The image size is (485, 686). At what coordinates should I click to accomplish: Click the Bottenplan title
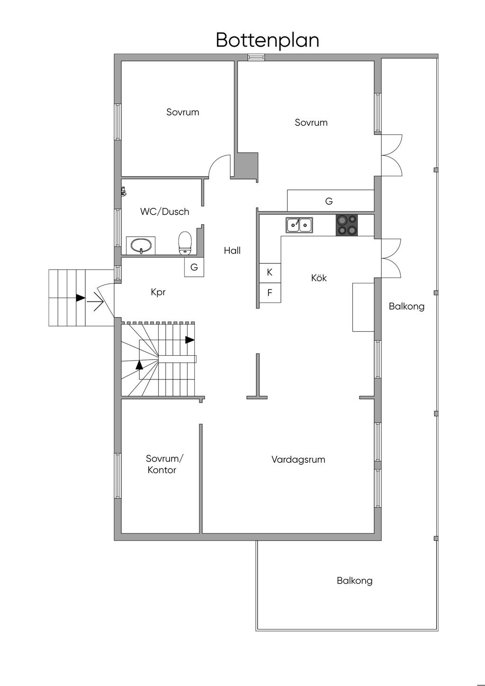(267, 40)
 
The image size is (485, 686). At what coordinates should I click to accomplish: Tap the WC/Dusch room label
(164, 212)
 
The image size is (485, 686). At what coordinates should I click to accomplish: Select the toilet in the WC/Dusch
(185, 242)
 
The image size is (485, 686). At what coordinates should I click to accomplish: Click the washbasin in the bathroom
(141, 246)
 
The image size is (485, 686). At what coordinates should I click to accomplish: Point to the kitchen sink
(299, 225)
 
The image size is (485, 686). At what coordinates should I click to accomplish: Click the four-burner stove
(347, 225)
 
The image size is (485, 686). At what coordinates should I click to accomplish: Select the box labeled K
(269, 272)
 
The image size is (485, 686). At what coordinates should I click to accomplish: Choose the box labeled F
(269, 293)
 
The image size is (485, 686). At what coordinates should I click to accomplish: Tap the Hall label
(232, 251)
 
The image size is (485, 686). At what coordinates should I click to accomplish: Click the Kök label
(319, 278)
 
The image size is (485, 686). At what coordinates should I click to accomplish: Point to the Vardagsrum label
(298, 460)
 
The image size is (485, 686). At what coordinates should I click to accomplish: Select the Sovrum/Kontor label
(163, 464)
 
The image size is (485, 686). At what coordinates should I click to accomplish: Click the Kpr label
(158, 292)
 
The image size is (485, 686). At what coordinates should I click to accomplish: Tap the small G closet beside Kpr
(194, 267)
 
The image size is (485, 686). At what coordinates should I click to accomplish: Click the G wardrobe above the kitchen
(329, 201)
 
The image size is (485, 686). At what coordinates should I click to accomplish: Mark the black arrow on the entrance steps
(81, 298)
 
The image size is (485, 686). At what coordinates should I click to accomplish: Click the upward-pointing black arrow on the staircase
(139, 364)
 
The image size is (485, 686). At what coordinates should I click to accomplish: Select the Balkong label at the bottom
(354, 580)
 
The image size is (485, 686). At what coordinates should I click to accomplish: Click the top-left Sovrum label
(182, 112)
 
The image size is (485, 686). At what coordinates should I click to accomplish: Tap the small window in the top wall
(256, 57)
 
